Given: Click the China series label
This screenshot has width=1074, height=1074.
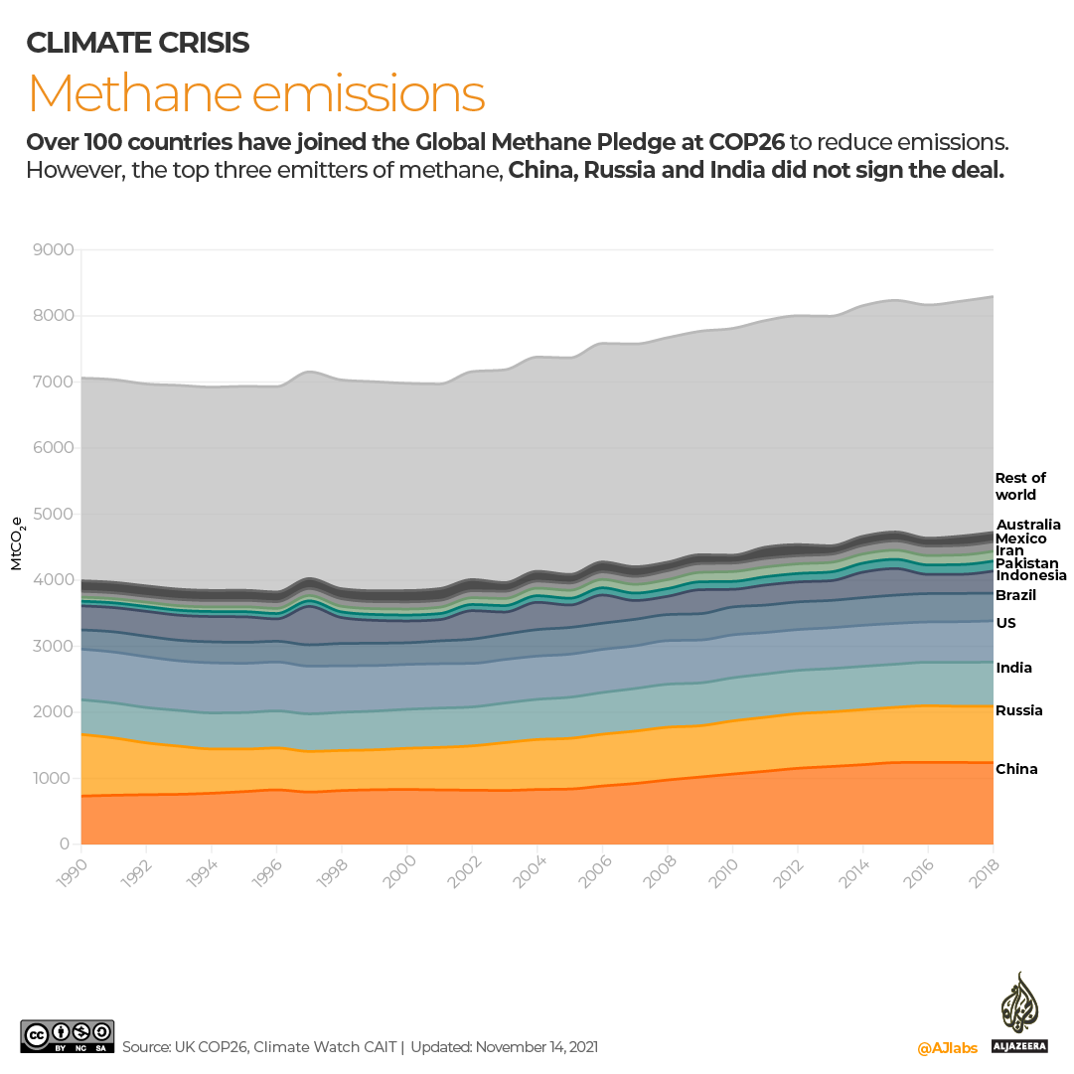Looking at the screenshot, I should tap(1016, 769).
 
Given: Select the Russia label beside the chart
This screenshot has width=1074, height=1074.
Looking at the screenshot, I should tap(1019, 710).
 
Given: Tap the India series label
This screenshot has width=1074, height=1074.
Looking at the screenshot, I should tap(1014, 668).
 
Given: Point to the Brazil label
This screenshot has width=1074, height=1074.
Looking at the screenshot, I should tap(1016, 595).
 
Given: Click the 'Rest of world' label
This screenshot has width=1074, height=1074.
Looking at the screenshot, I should tap(1020, 486).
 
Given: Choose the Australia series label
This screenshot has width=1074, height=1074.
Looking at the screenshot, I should tap(1028, 525).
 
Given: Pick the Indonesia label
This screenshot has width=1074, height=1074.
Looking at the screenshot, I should tap(1031, 575).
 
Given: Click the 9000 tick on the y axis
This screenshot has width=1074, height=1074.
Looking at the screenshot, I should tap(54, 250).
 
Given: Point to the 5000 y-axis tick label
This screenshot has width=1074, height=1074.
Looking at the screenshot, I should tap(54, 515).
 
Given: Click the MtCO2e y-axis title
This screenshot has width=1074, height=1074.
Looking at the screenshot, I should tap(17, 544).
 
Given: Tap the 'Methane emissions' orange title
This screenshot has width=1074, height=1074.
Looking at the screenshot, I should tap(256, 94).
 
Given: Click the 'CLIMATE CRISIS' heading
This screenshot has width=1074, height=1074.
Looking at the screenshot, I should tap(137, 43).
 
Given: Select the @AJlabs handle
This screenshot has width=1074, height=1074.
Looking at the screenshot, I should tap(947, 1048).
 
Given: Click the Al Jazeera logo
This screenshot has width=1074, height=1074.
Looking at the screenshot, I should tap(1018, 1014).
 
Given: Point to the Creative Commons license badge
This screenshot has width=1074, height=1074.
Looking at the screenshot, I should tap(68, 1037).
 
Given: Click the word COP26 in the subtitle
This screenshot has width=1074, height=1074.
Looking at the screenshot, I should tap(744, 141).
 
